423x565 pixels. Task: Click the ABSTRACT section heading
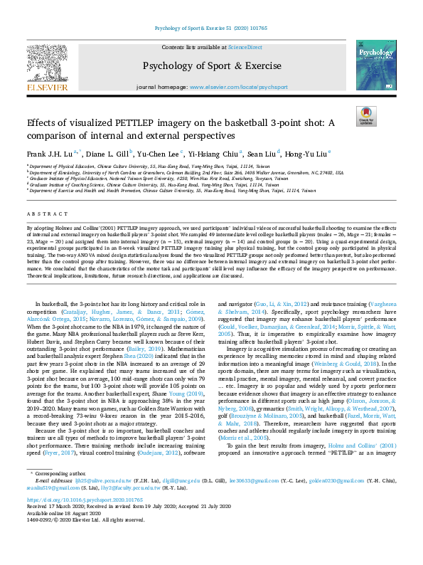45,213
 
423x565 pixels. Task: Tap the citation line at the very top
210,30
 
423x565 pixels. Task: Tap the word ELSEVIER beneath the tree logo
48,88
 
